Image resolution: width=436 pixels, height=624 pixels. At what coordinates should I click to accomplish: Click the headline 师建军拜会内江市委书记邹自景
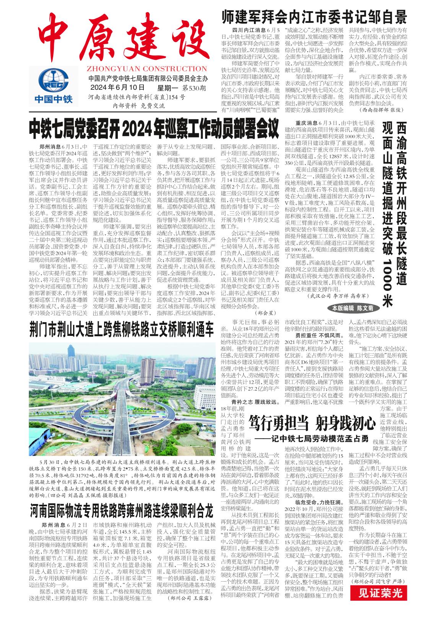[314, 18]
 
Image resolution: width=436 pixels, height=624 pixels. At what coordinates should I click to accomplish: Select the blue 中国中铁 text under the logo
[53, 99]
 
